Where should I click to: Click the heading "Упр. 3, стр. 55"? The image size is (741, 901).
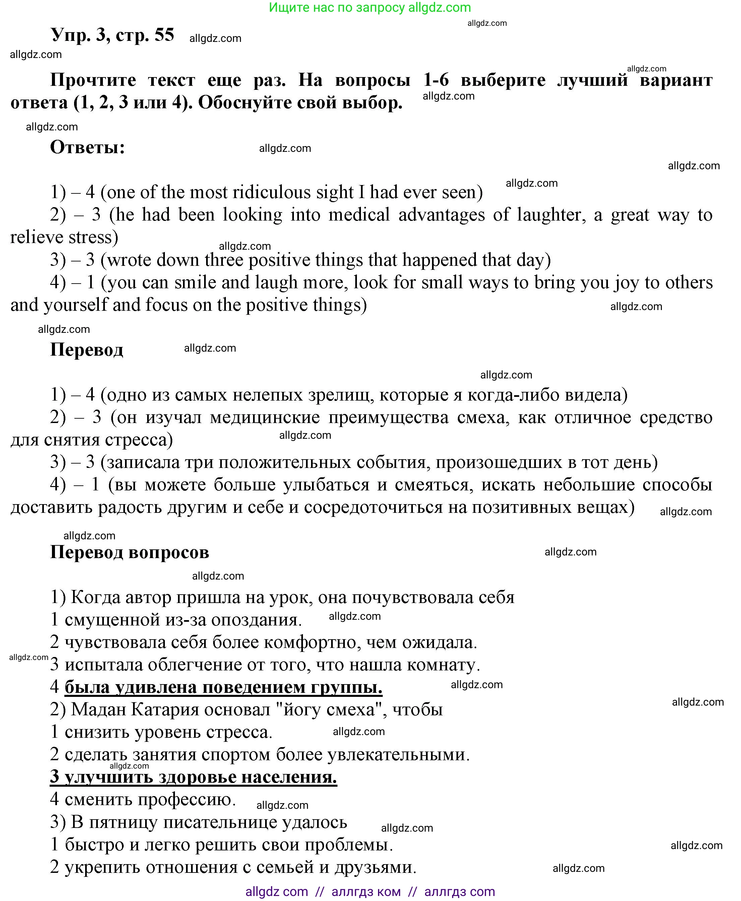tap(112, 35)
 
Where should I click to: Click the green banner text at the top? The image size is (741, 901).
tap(370, 7)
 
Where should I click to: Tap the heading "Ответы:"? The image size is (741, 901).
tap(87, 148)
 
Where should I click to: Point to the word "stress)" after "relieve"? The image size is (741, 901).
tap(91, 238)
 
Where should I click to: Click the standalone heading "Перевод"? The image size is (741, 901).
tap(87, 350)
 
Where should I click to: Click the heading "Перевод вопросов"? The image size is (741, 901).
tap(129, 552)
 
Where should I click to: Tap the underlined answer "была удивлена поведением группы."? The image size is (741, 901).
tap(223, 687)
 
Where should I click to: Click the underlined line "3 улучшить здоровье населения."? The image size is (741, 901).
tap(193, 777)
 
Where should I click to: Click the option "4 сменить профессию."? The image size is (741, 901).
tap(143, 799)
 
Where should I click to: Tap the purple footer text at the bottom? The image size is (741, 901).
tap(370, 892)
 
